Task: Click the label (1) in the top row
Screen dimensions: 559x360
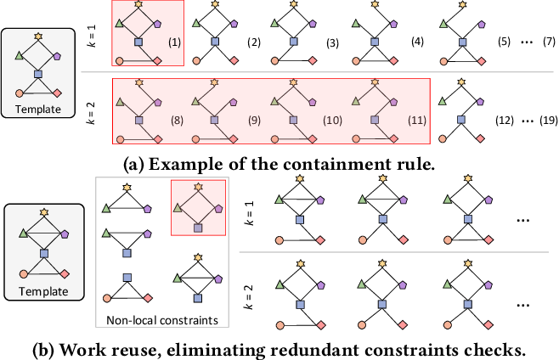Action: (x=174, y=42)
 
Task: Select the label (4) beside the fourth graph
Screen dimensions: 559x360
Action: (x=417, y=42)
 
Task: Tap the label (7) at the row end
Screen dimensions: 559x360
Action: (x=549, y=42)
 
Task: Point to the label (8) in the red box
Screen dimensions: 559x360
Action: (x=177, y=121)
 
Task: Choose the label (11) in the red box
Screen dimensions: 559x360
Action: (x=417, y=121)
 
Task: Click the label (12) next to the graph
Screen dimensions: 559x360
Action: (x=505, y=121)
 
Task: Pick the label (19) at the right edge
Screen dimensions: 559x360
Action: (x=549, y=121)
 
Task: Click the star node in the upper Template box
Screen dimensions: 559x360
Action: (x=38, y=36)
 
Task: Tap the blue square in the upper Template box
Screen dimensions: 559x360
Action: (x=38, y=74)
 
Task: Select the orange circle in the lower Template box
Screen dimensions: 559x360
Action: (x=24, y=274)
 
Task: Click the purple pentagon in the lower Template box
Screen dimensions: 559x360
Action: (x=65, y=234)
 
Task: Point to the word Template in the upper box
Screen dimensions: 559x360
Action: (x=38, y=109)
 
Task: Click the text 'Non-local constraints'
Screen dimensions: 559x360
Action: (x=162, y=320)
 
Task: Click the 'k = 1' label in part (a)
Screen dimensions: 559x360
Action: (x=92, y=37)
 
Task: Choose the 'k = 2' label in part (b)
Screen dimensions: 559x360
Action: (x=249, y=297)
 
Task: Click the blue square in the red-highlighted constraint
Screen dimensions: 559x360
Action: (x=198, y=228)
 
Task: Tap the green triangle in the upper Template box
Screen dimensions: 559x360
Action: (x=20, y=55)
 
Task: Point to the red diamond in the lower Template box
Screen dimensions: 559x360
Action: (x=65, y=274)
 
